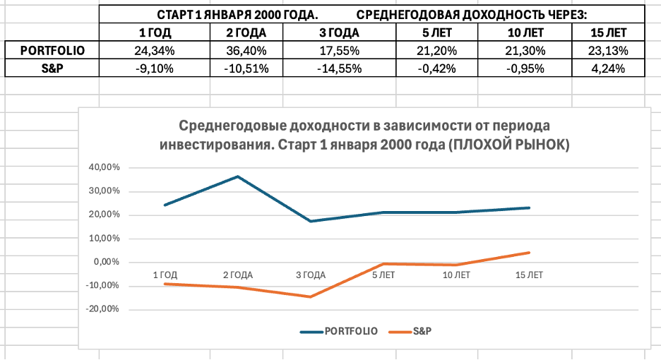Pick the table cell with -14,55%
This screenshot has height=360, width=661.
(338, 68)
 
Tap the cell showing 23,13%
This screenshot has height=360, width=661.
(607, 50)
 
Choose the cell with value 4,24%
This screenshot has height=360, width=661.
(607, 68)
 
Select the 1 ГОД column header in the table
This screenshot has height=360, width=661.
(152, 32)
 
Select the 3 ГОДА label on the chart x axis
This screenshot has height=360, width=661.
(310, 275)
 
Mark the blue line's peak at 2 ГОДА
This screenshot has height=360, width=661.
(237, 176)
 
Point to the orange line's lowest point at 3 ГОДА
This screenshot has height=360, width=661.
(310, 296)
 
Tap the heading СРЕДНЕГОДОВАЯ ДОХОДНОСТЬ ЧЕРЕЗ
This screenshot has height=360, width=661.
(472, 14)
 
